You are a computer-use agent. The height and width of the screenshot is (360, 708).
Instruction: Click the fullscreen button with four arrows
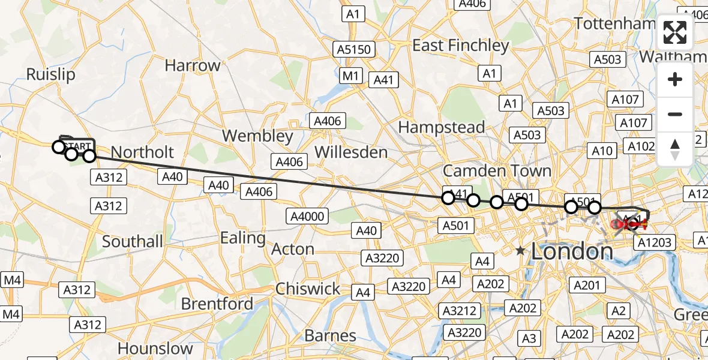pyautogui.click(x=675, y=32)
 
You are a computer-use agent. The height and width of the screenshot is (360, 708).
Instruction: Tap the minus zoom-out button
pyautogui.click(x=675, y=114)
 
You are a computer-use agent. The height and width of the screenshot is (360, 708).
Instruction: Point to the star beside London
pyautogui.click(x=520, y=251)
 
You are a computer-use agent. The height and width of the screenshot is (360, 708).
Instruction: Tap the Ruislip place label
pyautogui.click(x=51, y=74)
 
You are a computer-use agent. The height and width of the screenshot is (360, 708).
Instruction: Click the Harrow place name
pyautogui.click(x=193, y=65)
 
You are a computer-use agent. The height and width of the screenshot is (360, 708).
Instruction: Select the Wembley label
pyautogui.click(x=257, y=136)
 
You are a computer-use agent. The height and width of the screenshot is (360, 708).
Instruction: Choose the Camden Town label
pyautogui.click(x=497, y=171)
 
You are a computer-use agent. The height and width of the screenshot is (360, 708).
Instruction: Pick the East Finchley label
pyautogui.click(x=461, y=46)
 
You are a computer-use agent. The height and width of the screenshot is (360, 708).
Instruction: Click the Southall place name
pyautogui.click(x=133, y=242)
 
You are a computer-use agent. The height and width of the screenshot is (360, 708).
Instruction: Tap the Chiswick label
pyautogui.click(x=308, y=289)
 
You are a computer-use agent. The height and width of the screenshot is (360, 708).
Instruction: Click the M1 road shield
pyautogui.click(x=351, y=76)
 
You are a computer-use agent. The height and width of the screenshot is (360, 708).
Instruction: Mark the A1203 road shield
pyautogui.click(x=656, y=242)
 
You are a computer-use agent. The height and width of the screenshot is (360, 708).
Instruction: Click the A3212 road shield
pyautogui.click(x=459, y=310)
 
